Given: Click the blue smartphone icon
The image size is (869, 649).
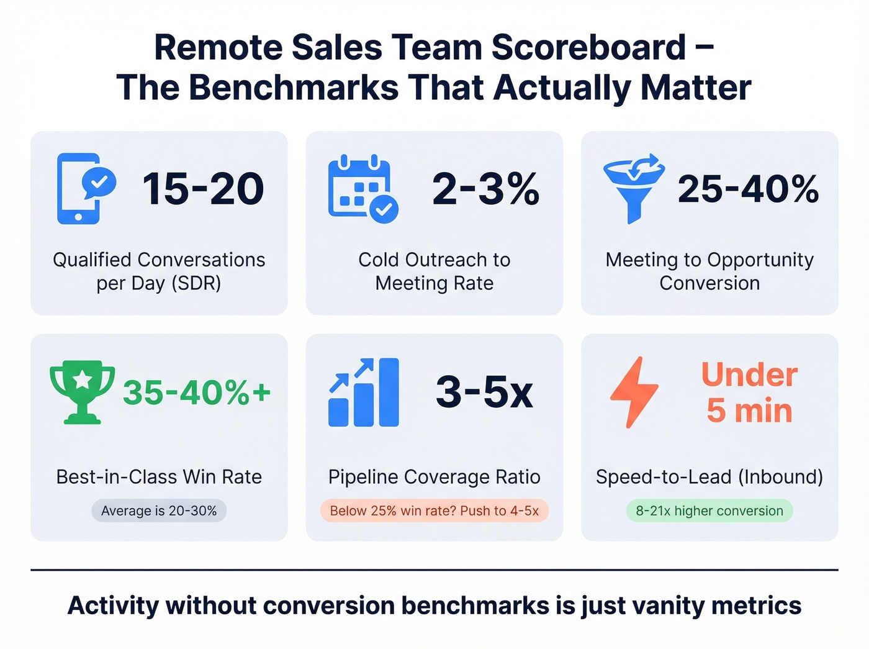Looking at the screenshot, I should [x=79, y=188].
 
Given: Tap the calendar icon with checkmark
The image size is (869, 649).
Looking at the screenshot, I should [x=362, y=188].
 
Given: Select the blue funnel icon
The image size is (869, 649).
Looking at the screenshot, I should [x=634, y=188].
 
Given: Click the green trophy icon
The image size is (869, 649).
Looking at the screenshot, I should [x=82, y=392].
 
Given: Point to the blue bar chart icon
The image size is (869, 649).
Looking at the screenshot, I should [x=363, y=392].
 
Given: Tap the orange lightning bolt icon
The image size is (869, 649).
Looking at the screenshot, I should [x=634, y=392].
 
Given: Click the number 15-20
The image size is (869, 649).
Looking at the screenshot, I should [x=203, y=189].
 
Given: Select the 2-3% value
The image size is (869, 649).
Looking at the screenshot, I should [x=485, y=189].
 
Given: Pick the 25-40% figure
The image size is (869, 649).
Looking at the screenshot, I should [x=748, y=189].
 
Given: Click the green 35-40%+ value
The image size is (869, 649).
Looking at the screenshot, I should [x=197, y=393].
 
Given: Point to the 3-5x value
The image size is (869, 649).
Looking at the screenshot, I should [x=484, y=393].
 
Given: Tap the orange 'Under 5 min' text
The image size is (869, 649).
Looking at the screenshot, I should [x=749, y=393].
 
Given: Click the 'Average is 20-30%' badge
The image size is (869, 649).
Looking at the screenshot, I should [x=159, y=511].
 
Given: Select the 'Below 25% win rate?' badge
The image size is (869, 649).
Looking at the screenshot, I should [x=434, y=511].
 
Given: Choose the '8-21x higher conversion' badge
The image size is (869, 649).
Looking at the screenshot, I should [x=709, y=511].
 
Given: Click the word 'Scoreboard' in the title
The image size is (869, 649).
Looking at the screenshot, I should [x=588, y=48].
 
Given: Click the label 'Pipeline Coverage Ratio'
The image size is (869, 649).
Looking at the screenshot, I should [x=434, y=477].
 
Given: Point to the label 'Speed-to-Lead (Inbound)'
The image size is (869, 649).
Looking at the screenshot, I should [x=709, y=477].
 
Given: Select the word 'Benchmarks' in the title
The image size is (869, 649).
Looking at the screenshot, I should [x=294, y=88].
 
